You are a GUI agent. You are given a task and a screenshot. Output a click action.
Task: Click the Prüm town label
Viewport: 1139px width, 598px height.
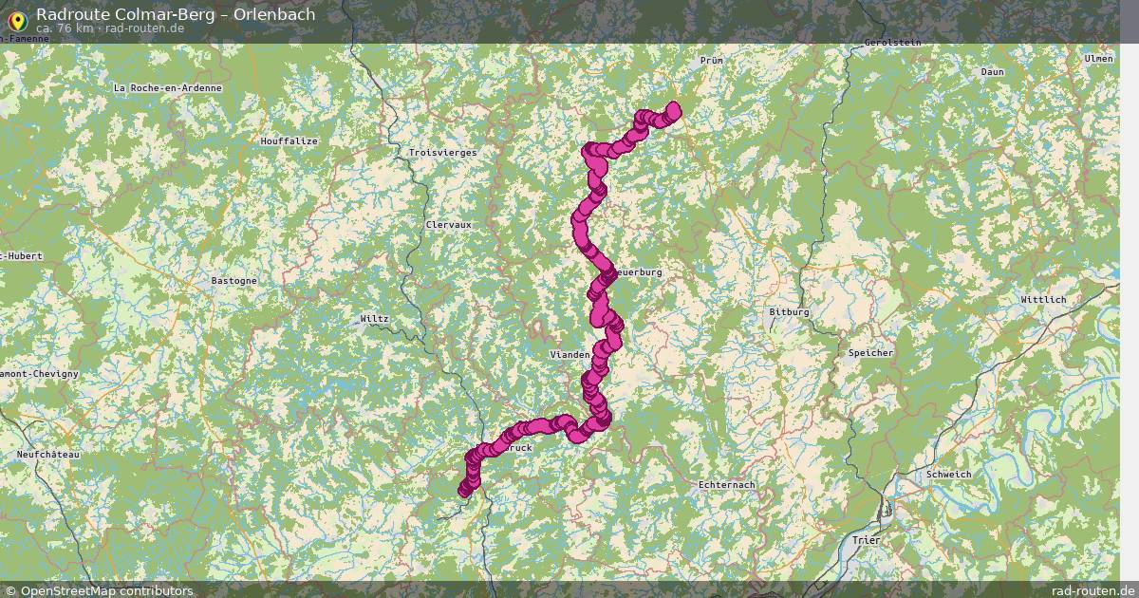click(x=711, y=60)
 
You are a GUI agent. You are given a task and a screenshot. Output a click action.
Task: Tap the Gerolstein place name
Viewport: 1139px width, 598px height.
click(x=892, y=43)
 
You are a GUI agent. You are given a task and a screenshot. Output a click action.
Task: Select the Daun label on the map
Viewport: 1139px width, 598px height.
click(x=992, y=71)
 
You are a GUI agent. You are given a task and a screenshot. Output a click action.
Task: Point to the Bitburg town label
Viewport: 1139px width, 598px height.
click(x=789, y=311)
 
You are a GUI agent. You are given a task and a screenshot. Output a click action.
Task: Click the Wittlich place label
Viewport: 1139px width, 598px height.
click(x=1043, y=299)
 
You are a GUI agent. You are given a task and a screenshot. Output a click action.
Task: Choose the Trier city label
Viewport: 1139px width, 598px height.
click(x=867, y=540)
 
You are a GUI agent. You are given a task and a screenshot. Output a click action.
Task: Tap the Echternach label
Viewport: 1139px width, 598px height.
click(x=726, y=485)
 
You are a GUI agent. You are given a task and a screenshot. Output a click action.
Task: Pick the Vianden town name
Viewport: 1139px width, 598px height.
click(x=570, y=354)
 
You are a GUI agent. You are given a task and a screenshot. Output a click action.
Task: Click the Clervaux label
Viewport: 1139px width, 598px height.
click(x=449, y=225)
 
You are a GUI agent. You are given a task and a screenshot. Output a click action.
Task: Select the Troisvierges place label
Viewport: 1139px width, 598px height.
click(x=442, y=152)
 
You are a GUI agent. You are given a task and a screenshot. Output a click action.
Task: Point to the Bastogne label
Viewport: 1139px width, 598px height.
click(x=233, y=281)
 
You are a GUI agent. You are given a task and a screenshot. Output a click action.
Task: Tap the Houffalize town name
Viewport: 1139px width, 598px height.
click(x=289, y=140)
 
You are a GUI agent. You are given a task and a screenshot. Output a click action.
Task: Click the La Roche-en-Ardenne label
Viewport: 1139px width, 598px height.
click(x=168, y=87)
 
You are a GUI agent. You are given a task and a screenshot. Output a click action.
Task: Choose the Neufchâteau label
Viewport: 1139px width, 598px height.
click(x=48, y=455)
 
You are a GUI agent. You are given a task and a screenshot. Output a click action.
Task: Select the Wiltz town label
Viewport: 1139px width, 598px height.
click(x=375, y=318)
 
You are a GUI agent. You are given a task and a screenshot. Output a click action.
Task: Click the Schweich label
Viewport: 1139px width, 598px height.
click(x=948, y=474)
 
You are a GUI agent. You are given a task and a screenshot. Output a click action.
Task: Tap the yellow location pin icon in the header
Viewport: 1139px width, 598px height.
click(x=16, y=18)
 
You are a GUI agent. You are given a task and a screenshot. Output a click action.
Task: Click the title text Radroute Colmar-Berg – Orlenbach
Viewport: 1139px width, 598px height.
click(x=176, y=14)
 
